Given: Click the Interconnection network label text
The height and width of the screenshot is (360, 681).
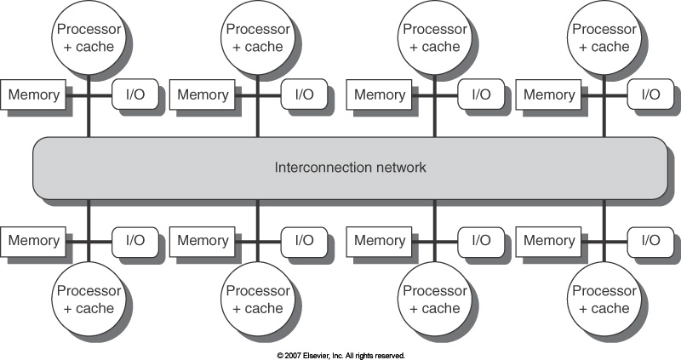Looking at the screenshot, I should (350, 168).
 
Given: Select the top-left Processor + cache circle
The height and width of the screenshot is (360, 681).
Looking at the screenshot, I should (89, 38).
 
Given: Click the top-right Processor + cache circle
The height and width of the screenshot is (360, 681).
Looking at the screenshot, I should (604, 38).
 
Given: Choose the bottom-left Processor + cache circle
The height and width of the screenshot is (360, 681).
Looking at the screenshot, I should (89, 300).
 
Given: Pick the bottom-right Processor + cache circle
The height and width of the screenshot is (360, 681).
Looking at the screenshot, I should (604, 300).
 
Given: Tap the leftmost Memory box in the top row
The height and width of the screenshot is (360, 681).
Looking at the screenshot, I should (34, 95).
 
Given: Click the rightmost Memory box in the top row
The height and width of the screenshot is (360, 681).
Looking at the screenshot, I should (549, 95).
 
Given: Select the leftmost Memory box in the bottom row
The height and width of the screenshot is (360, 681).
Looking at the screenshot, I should (34, 241).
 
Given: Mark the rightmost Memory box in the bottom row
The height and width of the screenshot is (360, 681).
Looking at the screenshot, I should (549, 241).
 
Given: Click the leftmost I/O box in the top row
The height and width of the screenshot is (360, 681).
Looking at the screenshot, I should (134, 95).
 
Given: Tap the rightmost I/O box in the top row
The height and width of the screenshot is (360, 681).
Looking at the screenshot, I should (650, 95).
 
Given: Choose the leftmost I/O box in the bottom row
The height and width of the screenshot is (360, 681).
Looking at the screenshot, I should (134, 241).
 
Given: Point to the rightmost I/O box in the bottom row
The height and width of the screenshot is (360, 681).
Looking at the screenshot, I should (650, 241).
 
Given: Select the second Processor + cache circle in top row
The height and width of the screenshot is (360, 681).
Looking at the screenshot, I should (258, 38).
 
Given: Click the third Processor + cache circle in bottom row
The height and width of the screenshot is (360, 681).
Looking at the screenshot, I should (434, 300).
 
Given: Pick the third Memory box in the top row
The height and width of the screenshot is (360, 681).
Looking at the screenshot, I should (380, 95).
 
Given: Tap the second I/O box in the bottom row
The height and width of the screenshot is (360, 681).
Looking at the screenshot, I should (304, 241).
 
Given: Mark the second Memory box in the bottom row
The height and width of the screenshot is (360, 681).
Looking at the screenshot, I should (203, 241).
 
